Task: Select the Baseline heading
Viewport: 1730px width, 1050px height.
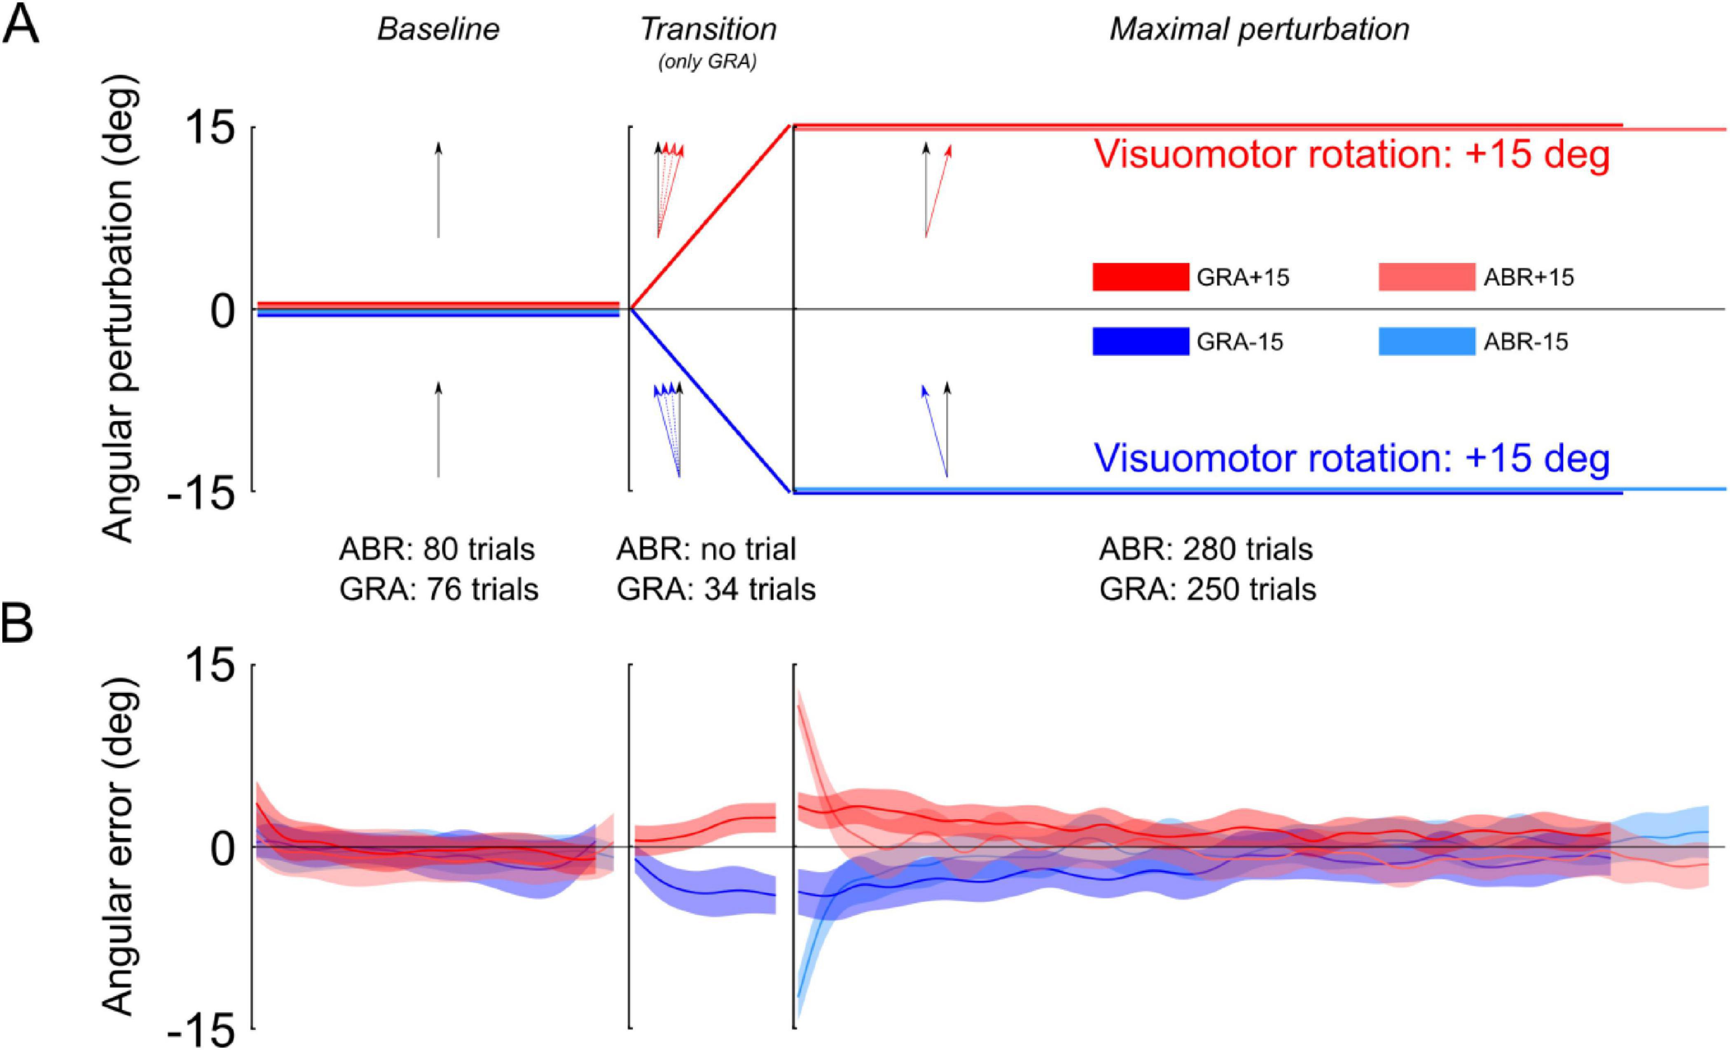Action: (x=438, y=30)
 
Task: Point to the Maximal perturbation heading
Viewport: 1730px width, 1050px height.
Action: (x=1259, y=30)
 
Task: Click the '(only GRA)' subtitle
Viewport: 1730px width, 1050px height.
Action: (x=708, y=63)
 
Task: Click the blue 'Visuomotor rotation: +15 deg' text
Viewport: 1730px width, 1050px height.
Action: (x=1351, y=459)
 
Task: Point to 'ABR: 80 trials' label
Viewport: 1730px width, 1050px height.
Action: (x=437, y=549)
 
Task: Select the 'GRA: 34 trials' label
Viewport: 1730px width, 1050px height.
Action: (x=716, y=589)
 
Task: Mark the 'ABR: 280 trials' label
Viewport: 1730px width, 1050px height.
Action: (x=1206, y=549)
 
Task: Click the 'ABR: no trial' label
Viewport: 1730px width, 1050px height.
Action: (x=706, y=549)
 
